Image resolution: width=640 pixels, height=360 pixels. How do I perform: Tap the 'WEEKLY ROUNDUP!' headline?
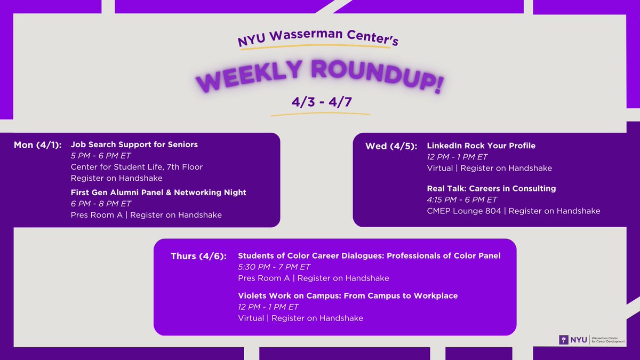tap(319, 77)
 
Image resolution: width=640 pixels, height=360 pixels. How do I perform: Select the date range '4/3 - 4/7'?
tap(319, 102)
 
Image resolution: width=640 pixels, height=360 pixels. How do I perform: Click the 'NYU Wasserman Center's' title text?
tap(318, 38)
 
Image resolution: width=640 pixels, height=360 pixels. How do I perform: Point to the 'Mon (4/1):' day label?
tap(38, 145)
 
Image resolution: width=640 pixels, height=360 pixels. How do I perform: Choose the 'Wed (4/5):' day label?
tap(391, 146)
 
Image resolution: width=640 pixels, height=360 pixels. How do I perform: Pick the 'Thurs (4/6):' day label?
tap(198, 256)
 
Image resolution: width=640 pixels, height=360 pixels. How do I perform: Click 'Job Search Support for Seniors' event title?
tap(134, 145)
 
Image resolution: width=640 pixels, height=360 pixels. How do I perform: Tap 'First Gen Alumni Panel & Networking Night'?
tap(158, 192)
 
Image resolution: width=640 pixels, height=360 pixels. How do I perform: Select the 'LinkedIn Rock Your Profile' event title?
tap(481, 146)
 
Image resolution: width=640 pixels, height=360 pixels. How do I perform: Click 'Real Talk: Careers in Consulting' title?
tap(491, 188)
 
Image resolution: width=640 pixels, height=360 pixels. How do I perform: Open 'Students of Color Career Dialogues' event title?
tap(369, 255)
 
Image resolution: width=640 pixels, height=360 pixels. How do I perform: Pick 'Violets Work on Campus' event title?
tap(348, 295)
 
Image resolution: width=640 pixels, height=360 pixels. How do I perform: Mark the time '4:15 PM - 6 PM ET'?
tap(462, 199)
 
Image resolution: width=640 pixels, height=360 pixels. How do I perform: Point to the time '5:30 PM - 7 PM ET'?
tap(274, 267)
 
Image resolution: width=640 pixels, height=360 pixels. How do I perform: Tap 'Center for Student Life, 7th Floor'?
tap(137, 167)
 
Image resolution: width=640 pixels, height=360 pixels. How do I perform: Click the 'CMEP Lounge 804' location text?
tap(465, 211)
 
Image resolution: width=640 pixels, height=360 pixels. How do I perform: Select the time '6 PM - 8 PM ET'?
tap(101, 203)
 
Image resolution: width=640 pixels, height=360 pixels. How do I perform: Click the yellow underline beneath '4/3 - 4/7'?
tap(319, 114)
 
